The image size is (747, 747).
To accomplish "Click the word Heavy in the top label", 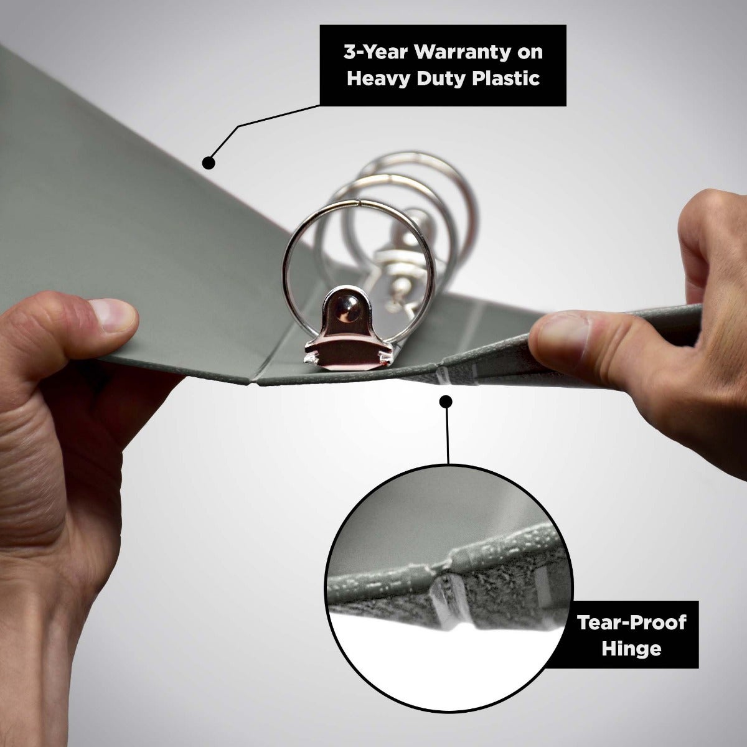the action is [x=378, y=79].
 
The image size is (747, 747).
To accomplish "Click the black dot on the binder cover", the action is [x=209, y=162].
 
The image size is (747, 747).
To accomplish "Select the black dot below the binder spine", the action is [x=446, y=401].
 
